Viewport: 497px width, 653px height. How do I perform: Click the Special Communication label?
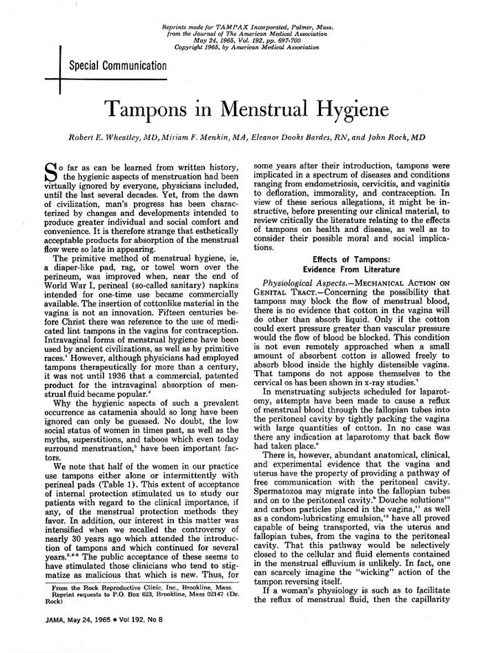(117, 66)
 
